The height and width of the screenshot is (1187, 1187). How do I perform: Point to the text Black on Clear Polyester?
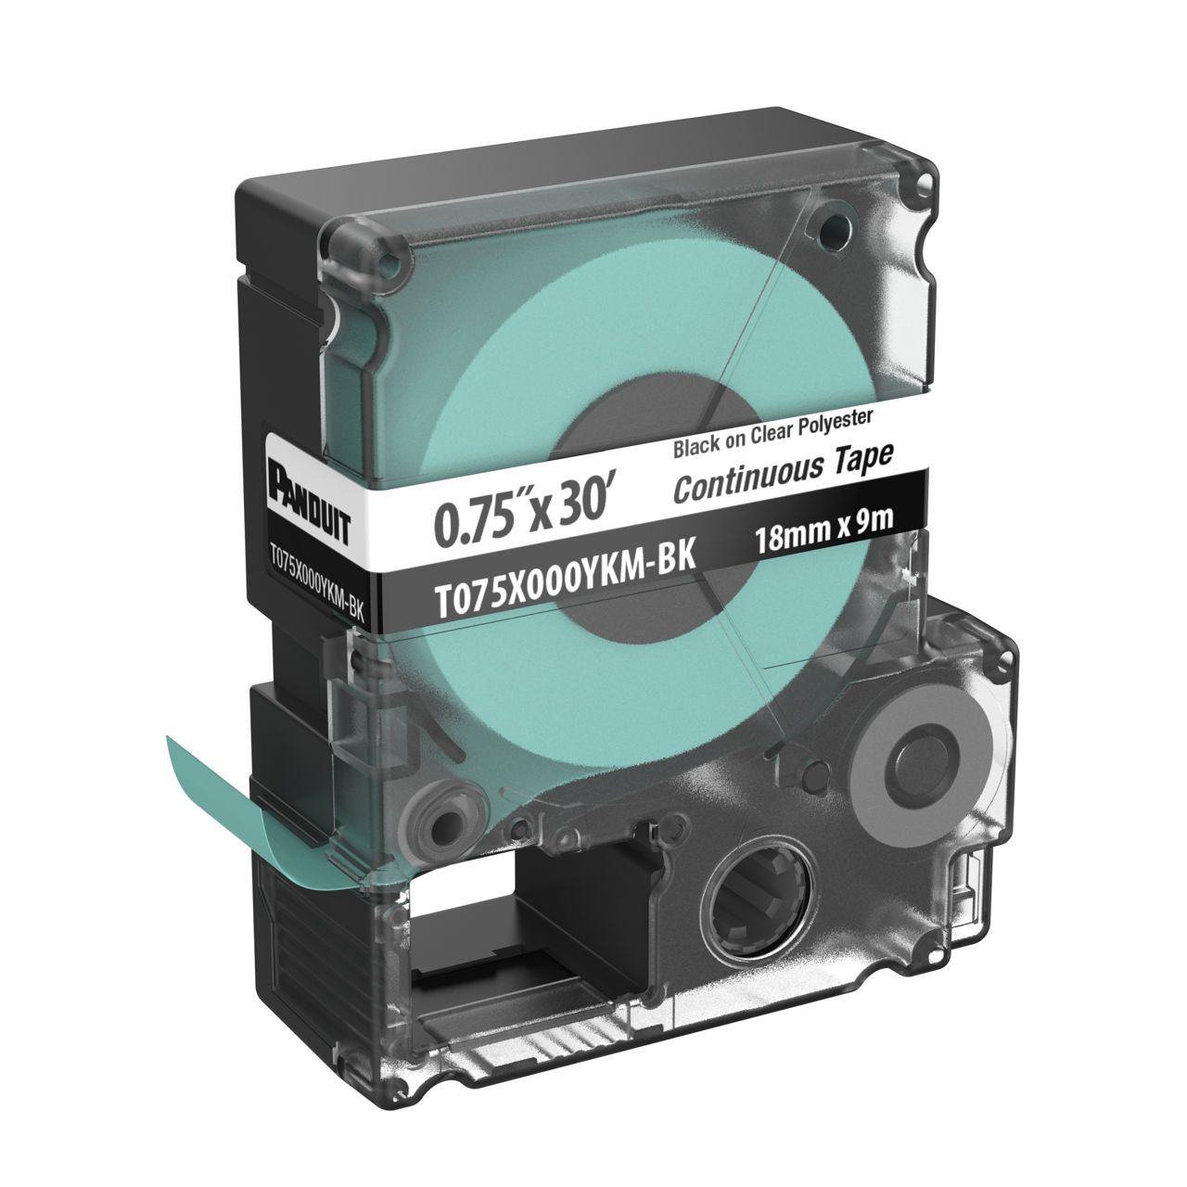[772, 434]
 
